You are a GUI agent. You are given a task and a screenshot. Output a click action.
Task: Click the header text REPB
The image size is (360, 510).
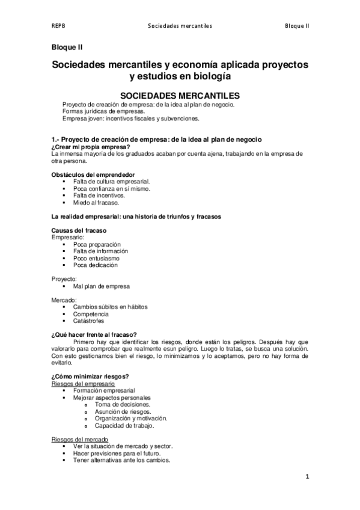(58, 26)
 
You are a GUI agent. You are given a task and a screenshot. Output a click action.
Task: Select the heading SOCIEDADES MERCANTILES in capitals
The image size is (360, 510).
(180, 95)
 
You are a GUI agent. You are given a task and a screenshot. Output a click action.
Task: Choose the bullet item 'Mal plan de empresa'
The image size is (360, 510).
(101, 286)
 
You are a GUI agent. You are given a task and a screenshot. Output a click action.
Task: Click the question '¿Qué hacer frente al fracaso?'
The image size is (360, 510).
(94, 335)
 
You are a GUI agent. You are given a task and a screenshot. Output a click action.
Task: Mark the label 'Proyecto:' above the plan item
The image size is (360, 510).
(64, 279)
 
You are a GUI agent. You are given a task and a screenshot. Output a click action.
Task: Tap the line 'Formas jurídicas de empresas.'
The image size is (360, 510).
(103, 112)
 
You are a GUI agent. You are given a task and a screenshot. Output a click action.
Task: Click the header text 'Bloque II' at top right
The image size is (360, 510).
(297, 26)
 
